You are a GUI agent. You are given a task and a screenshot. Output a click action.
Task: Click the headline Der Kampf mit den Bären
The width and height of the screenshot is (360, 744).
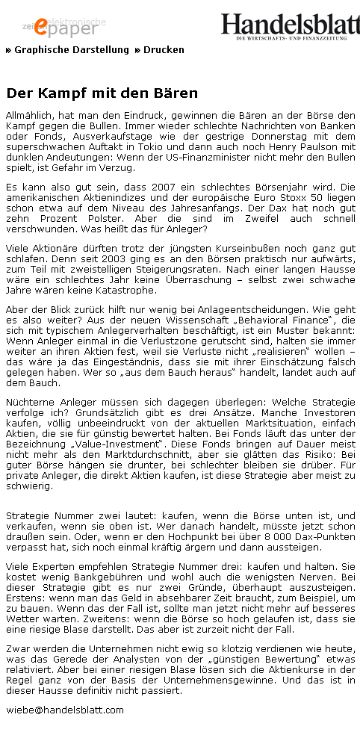102,93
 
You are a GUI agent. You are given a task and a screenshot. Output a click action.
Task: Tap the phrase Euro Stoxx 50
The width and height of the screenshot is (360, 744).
294,198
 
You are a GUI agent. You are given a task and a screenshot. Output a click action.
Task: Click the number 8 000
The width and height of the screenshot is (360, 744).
272,536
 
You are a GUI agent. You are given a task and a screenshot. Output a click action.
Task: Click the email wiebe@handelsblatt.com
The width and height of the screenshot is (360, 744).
64,710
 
